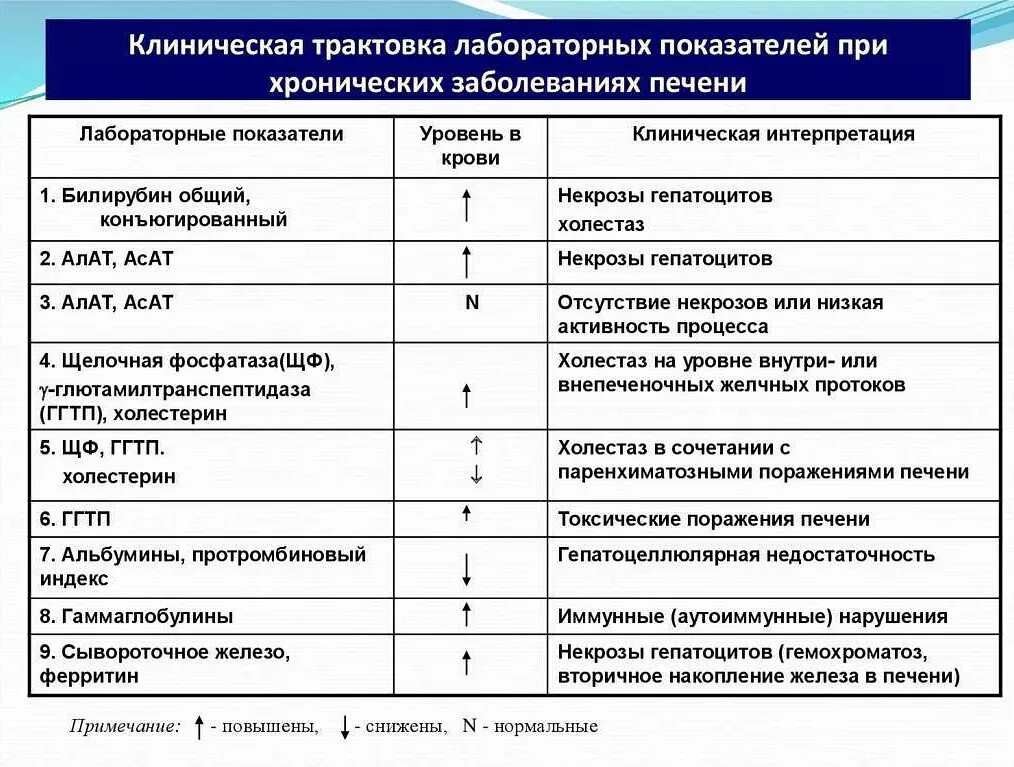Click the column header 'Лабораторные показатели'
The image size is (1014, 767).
211,134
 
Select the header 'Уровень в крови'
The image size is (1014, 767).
470,146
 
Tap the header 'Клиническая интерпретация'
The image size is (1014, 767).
773,134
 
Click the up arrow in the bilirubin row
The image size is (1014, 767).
466,205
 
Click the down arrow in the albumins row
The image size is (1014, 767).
466,567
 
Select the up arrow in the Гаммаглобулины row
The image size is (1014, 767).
466,614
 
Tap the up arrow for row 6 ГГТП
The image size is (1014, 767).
466,514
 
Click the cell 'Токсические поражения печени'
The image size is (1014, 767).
713,519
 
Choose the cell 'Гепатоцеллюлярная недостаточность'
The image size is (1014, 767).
746,555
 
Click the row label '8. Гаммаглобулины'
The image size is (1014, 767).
137,617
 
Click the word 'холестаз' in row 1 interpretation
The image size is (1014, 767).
601,224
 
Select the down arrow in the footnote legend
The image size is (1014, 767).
344,727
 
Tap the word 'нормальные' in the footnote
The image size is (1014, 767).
549,726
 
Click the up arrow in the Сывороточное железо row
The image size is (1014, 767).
466,662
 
